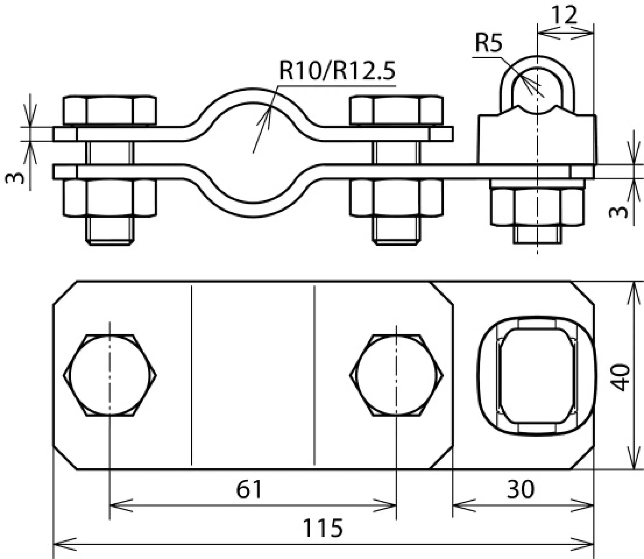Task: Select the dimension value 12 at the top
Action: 564,15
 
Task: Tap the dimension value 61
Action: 249,489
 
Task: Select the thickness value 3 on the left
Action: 15,177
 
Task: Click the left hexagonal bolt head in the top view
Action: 110,375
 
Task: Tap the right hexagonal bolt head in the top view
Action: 396,375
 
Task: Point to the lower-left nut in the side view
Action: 109,197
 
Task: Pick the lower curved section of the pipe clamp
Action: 253,210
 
